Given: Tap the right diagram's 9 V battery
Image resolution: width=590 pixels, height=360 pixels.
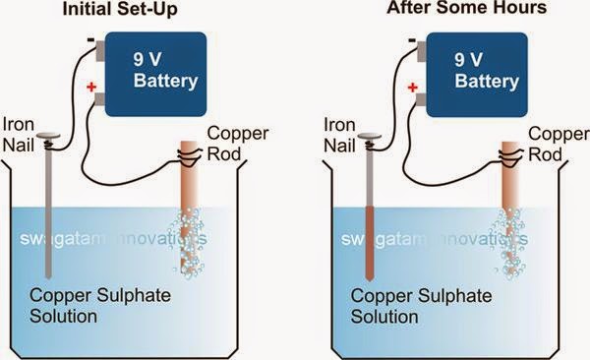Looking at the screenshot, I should pyautogui.click(x=464, y=70).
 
